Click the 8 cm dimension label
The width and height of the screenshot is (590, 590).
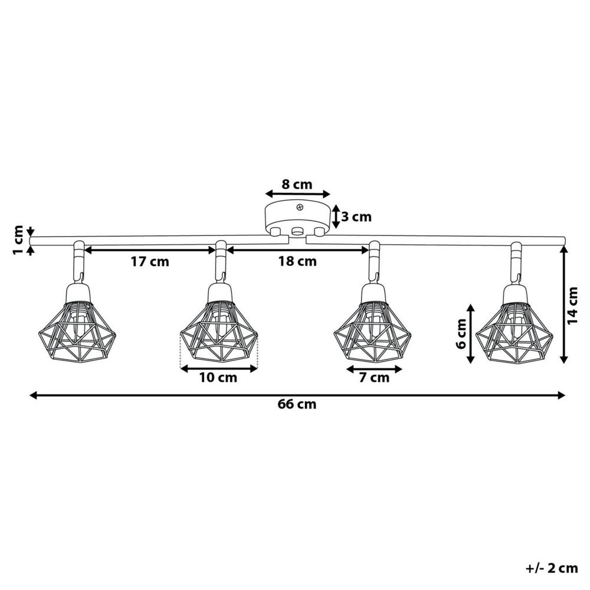pos(296,184)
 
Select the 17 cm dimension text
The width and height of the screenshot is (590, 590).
pos(150,262)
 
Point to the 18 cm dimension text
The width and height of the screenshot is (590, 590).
pos(297,262)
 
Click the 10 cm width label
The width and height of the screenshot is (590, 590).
pos(218,378)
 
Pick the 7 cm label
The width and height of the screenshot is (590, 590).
pos(375,378)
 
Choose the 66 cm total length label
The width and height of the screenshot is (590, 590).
pos(297,404)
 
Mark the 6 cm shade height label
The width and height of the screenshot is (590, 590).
pos(461,334)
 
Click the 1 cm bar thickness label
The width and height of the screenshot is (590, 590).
pos(18,241)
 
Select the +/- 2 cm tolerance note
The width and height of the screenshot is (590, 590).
pos(552,569)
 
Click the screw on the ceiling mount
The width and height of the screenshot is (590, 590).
pos(300,207)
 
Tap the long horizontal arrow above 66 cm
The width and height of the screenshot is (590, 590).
pos(297,395)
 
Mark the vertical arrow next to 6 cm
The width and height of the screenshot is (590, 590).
pos(471,334)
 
